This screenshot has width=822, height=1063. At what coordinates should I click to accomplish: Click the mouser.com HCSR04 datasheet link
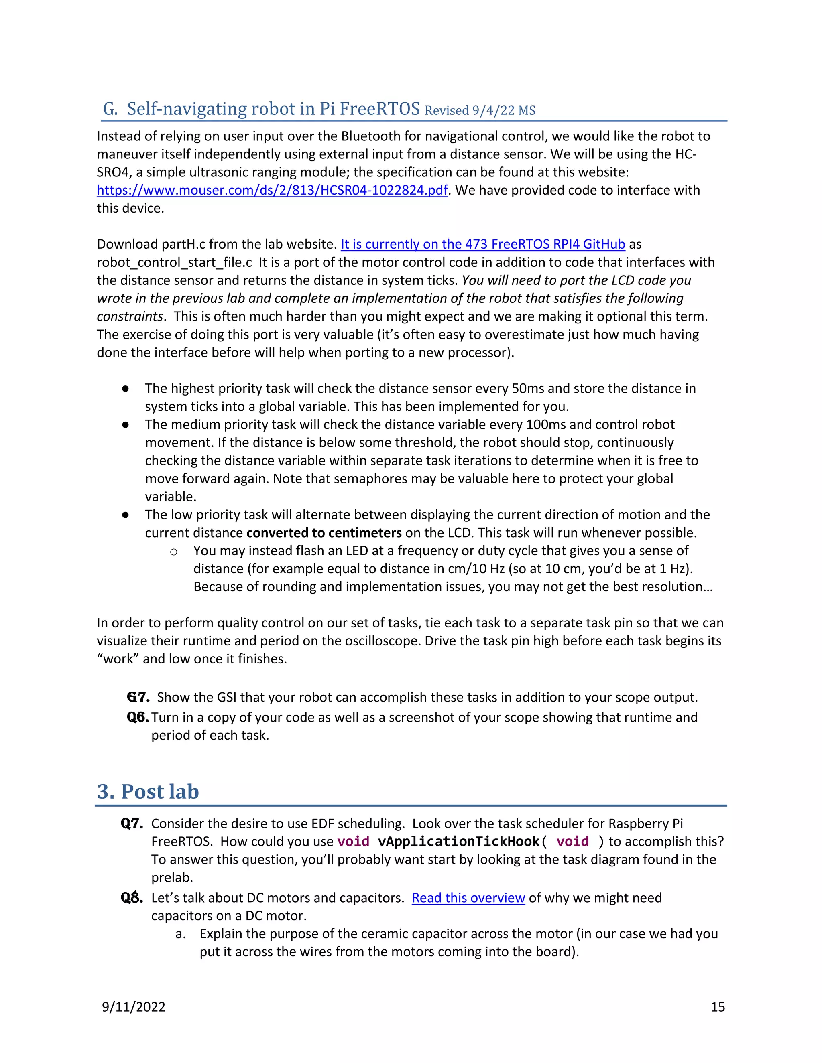(272, 190)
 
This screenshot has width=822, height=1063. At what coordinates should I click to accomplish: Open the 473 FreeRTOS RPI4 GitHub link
(482, 244)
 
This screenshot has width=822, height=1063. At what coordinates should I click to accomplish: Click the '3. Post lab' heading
(148, 791)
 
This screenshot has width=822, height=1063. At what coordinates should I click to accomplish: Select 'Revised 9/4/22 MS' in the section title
(480, 110)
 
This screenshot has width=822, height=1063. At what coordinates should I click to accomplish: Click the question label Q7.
(132, 824)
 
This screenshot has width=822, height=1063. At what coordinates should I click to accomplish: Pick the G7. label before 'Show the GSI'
(138, 697)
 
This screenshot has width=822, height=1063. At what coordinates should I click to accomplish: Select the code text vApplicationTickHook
(458, 842)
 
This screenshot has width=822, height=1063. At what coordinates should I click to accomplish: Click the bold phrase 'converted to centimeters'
(324, 533)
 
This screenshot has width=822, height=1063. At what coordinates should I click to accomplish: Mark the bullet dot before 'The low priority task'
(126, 515)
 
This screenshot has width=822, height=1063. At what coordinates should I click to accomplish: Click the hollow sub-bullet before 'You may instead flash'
(173, 552)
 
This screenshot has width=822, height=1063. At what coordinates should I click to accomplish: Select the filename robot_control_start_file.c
(174, 262)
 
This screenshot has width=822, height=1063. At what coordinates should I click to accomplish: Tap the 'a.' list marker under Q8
(180, 933)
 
